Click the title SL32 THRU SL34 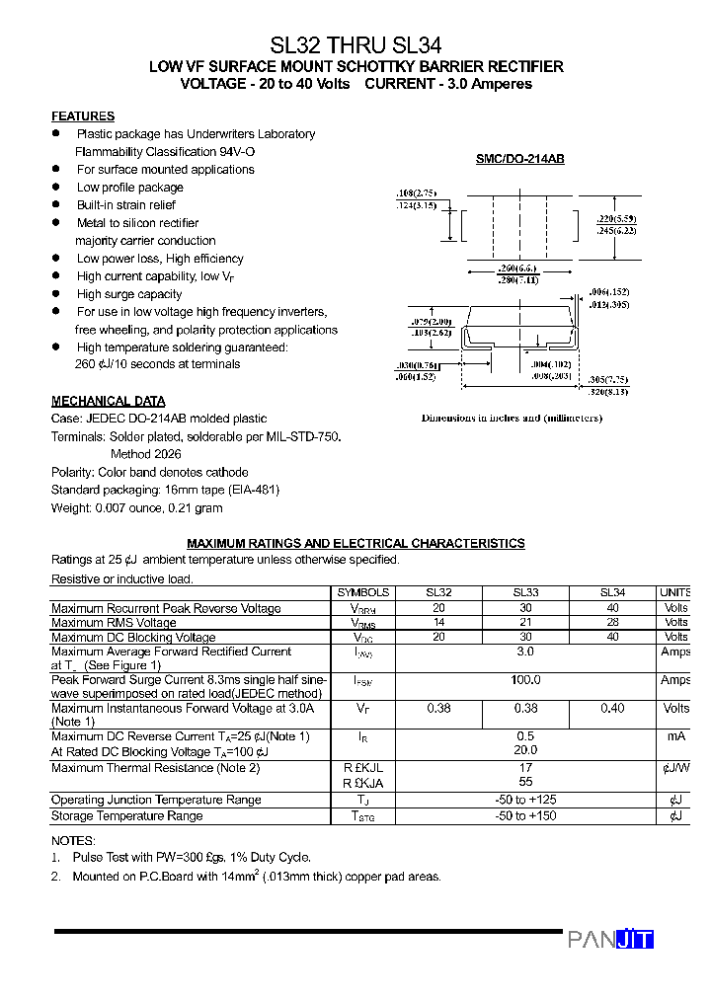click(x=355, y=44)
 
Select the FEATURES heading click(x=83, y=116)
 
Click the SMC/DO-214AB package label click(x=519, y=159)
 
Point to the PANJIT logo click(x=610, y=940)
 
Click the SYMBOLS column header click(x=363, y=592)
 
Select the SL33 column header click(x=525, y=592)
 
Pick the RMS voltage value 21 click(x=525, y=623)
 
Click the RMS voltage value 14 click(x=438, y=623)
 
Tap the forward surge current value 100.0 click(x=525, y=680)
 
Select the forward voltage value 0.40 click(x=612, y=708)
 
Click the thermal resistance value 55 click(x=525, y=781)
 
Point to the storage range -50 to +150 click(x=525, y=816)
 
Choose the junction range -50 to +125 click(x=525, y=800)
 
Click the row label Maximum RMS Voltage click(x=114, y=623)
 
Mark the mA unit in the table click(x=675, y=736)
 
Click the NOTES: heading click(x=73, y=840)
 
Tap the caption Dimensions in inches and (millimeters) click(x=512, y=418)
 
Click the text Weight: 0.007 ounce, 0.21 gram click(x=136, y=507)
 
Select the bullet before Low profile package click(x=56, y=187)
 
